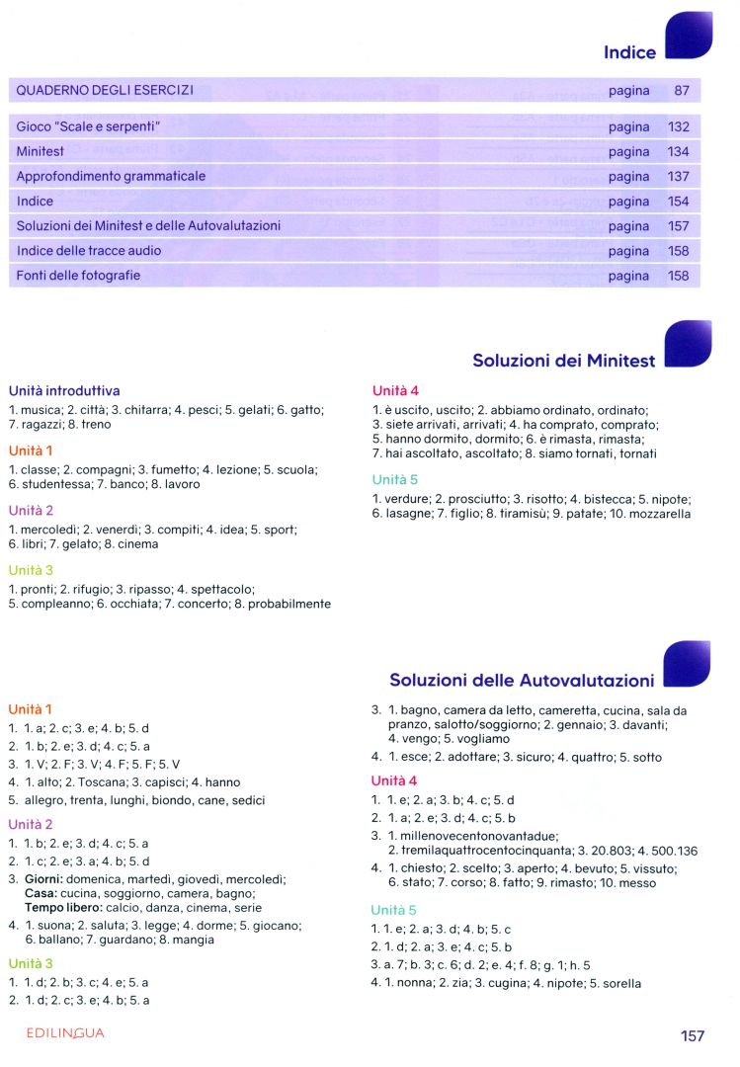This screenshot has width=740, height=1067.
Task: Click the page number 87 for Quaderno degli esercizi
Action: [x=682, y=91]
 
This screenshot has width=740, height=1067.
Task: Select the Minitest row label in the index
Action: [x=41, y=152]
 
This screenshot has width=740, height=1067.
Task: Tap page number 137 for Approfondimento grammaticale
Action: [x=678, y=177]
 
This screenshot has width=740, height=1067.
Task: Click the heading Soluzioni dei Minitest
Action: [x=563, y=362]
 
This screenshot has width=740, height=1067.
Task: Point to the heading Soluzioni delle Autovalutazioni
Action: [x=522, y=681]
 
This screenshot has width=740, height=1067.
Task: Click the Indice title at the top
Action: [x=629, y=53]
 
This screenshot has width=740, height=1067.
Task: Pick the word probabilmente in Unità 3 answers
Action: [x=286, y=604]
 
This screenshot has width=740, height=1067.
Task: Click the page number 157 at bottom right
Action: [x=693, y=1035]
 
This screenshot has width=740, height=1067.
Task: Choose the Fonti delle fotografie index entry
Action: [x=78, y=276]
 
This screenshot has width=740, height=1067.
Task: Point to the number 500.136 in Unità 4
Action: [x=673, y=851]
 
